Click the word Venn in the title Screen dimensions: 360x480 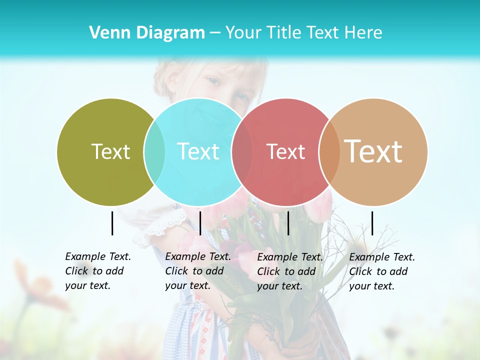click(108, 32)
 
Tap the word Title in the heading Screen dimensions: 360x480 click(284, 32)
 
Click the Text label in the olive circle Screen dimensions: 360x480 click(110, 151)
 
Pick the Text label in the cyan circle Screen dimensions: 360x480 click(198, 151)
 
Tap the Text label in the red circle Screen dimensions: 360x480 click(285, 151)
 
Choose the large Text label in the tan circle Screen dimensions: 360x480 click(373, 151)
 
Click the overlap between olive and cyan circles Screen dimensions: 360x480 click(154, 152)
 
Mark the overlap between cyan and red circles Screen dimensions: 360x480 click(242, 152)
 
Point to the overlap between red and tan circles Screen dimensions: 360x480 click(329, 152)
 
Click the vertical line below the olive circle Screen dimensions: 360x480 click(112, 223)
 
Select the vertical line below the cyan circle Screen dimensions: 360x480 click(200, 223)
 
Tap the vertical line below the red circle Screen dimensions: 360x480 click(288, 223)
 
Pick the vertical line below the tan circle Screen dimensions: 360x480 click(372, 223)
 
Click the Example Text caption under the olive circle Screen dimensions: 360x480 click(98, 271)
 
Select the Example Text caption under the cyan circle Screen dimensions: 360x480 click(198, 271)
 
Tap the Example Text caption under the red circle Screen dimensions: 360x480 click(290, 271)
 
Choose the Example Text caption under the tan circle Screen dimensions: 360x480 click(382, 271)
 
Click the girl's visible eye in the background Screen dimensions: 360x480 click(213, 81)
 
